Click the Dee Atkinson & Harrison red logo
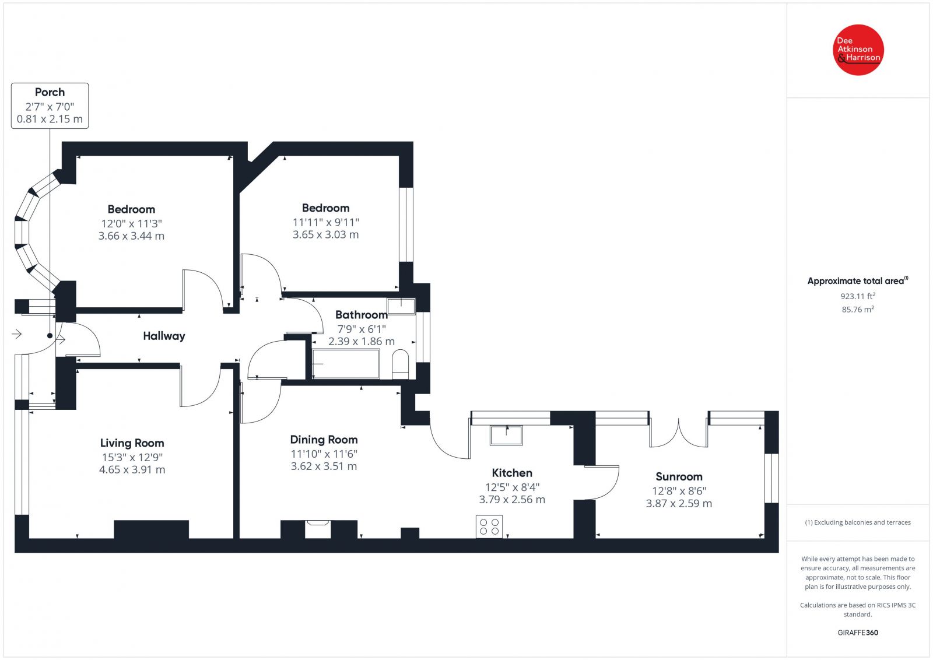point(858,50)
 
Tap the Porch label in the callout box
point(50,92)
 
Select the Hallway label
point(164,336)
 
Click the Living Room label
point(132,443)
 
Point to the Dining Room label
point(324,440)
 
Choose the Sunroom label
point(679,477)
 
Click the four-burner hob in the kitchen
point(489,526)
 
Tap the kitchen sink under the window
point(506,435)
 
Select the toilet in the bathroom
point(400,364)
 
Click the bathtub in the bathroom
point(346,364)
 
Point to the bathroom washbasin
point(401,306)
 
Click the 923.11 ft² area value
point(858,296)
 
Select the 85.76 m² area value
point(858,310)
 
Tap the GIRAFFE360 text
point(858,633)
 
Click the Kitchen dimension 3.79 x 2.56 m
point(512,500)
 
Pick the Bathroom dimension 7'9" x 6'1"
point(362,329)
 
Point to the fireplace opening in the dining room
point(318,529)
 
